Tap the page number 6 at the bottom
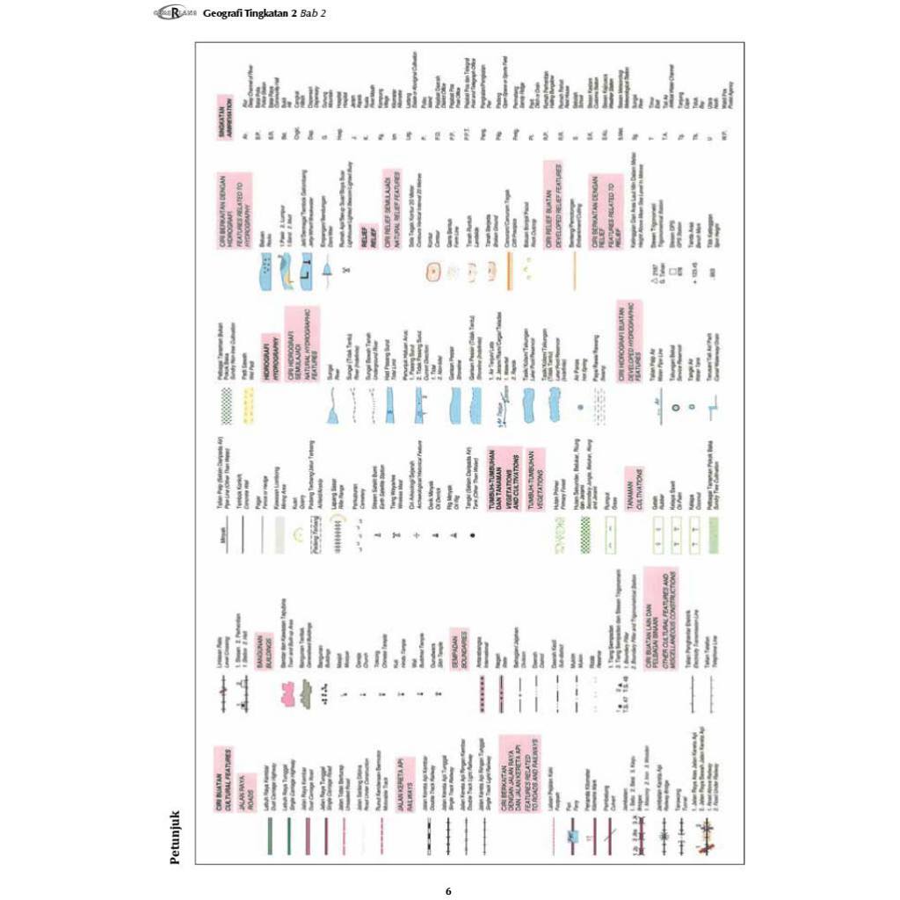[x=448, y=890]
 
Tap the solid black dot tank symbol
[x=471, y=533]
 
